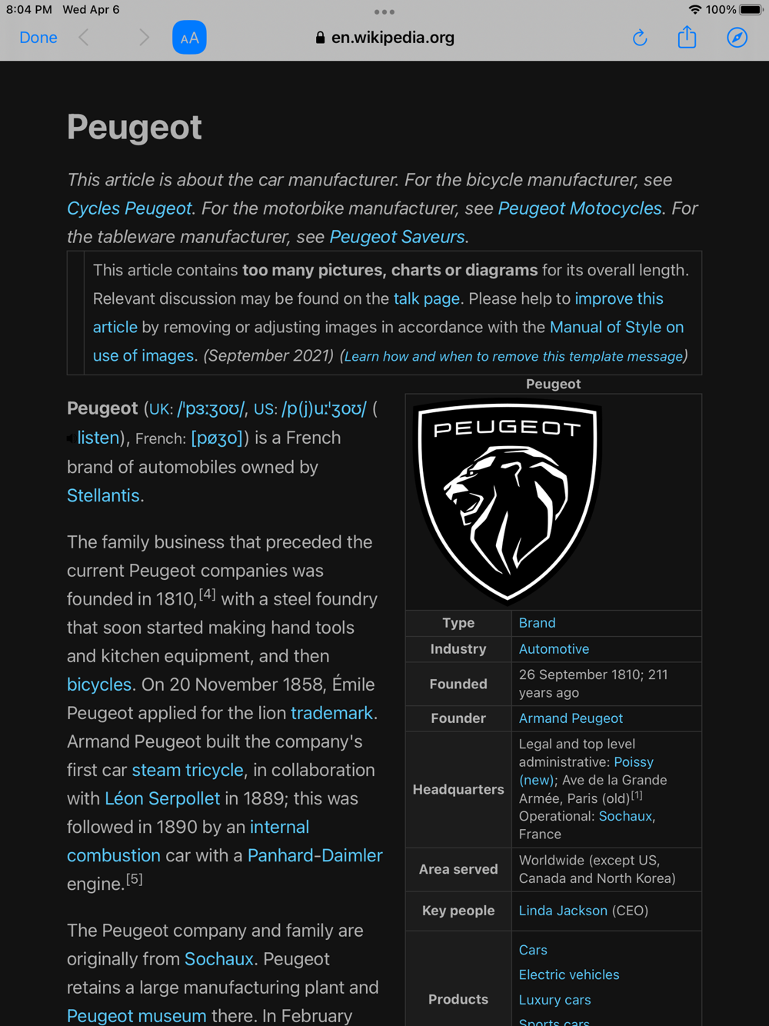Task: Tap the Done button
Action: [x=38, y=38]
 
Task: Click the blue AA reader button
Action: [x=189, y=38]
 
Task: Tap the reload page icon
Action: [x=640, y=38]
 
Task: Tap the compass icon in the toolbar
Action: [x=737, y=38]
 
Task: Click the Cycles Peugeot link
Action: [x=129, y=208]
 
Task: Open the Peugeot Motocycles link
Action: [x=580, y=208]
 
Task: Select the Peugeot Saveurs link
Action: [x=397, y=237]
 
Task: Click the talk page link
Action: [x=426, y=298]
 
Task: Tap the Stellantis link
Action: [x=103, y=495]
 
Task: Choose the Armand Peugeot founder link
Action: [x=571, y=718]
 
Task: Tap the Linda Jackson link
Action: [x=563, y=911]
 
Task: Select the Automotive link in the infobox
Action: [x=554, y=649]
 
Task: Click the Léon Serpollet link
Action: [x=162, y=798]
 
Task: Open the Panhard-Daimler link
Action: [x=315, y=855]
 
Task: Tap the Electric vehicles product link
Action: [x=568, y=974]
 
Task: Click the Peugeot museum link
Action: [x=136, y=1015]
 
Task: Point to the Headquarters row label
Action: [x=458, y=789]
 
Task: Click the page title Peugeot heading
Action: [x=135, y=127]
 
